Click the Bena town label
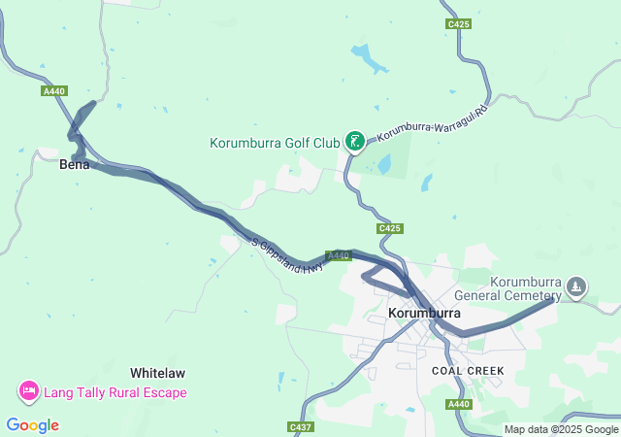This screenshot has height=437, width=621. [x=74, y=164]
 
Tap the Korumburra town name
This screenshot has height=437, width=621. [x=424, y=314]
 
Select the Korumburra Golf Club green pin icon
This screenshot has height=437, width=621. [x=355, y=143]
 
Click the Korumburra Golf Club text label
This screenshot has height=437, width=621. [x=275, y=143]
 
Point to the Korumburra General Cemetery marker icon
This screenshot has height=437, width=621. [x=576, y=286]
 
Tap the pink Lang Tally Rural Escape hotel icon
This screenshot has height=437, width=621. [x=28, y=392]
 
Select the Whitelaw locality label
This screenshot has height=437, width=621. [x=157, y=373]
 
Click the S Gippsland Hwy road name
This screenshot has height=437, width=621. [x=286, y=256]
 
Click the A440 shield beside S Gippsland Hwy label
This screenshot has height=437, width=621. [x=338, y=255]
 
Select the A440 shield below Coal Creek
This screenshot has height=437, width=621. [x=461, y=404]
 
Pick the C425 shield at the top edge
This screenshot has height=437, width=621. [x=459, y=23]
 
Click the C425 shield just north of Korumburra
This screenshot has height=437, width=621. [x=389, y=228]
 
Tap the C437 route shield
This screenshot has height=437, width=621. [x=300, y=426]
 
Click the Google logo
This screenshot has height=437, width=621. [x=32, y=425]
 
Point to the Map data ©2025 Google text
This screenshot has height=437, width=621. [x=561, y=429]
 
